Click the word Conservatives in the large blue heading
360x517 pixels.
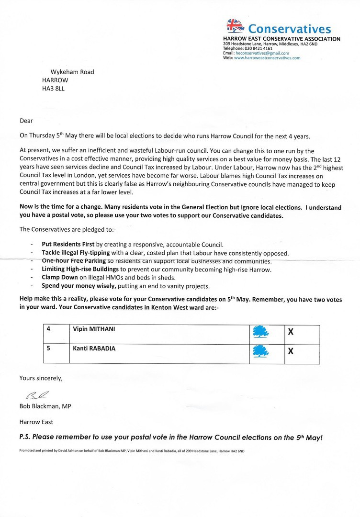(x=290, y=30)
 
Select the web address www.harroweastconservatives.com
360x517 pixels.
(x=267, y=57)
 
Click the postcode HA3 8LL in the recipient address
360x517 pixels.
(x=53, y=89)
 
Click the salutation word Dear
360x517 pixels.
(x=26, y=121)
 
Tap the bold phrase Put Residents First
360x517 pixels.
(x=68, y=244)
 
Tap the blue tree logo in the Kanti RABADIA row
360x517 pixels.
(x=260, y=352)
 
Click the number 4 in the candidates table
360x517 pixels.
(x=48, y=329)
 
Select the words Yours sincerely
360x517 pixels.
(x=41, y=378)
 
